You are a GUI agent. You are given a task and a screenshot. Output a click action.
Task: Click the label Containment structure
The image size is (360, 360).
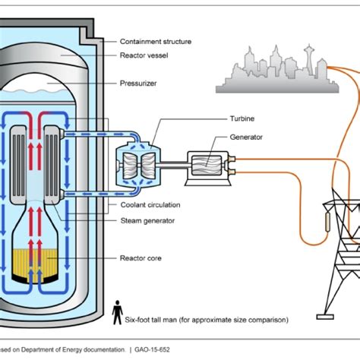point(156,41)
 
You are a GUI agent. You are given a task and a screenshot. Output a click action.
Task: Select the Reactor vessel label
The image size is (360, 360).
point(145,55)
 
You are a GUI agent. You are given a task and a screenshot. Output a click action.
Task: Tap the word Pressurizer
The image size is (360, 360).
point(139,83)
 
